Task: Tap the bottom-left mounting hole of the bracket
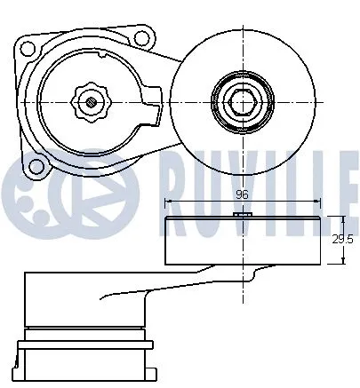pos(37,163)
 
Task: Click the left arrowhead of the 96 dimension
pos(167,203)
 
